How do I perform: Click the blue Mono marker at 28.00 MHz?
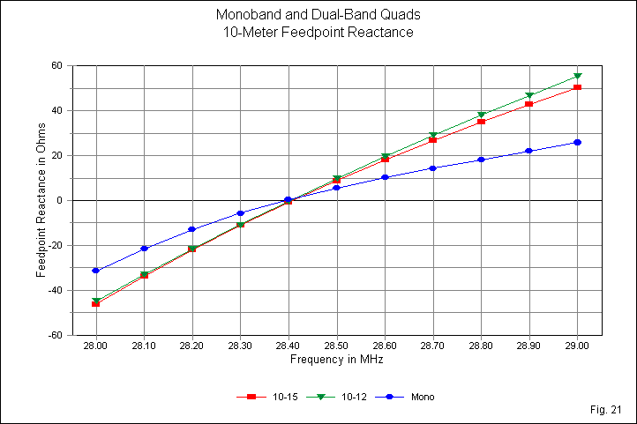coord(96,271)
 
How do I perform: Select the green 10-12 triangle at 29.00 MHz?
coord(577,76)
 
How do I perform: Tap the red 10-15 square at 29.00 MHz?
coord(577,87)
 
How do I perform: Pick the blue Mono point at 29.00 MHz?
coord(577,142)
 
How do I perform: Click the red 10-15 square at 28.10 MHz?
coord(144,276)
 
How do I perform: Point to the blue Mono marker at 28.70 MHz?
coord(433,168)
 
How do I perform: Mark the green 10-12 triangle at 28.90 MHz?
coord(529,95)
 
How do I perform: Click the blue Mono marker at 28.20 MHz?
coord(192,229)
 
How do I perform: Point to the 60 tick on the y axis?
coord(55,65)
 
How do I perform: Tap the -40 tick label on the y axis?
coord(53,290)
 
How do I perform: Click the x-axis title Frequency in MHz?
coord(336,361)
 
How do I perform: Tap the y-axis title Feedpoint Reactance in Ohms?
coord(41,201)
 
